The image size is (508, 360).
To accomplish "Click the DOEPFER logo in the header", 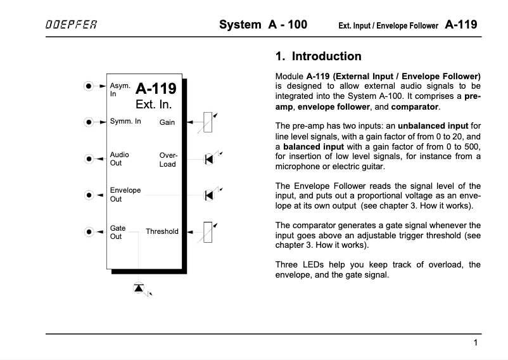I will [70, 26].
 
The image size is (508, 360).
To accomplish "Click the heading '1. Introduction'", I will [319, 56].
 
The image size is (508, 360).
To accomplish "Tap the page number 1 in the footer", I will [475, 343].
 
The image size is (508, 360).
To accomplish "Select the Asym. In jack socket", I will [89, 86].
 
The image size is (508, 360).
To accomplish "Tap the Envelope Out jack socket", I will [89, 195].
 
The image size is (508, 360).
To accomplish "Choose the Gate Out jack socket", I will [89, 231].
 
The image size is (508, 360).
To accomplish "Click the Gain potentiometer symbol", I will [206, 122].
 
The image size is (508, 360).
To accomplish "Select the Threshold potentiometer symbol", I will [206, 231].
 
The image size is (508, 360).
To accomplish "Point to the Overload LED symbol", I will [208, 158].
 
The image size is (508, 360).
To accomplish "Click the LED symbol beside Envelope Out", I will [208, 195].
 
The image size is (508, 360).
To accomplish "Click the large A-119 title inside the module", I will [155, 88].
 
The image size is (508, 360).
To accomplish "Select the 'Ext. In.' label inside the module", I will [154, 105].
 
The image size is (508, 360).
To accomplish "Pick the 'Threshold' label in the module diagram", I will [162, 231].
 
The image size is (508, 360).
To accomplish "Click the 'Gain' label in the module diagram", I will [167, 122].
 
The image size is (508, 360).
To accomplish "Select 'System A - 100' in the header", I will [263, 25].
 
